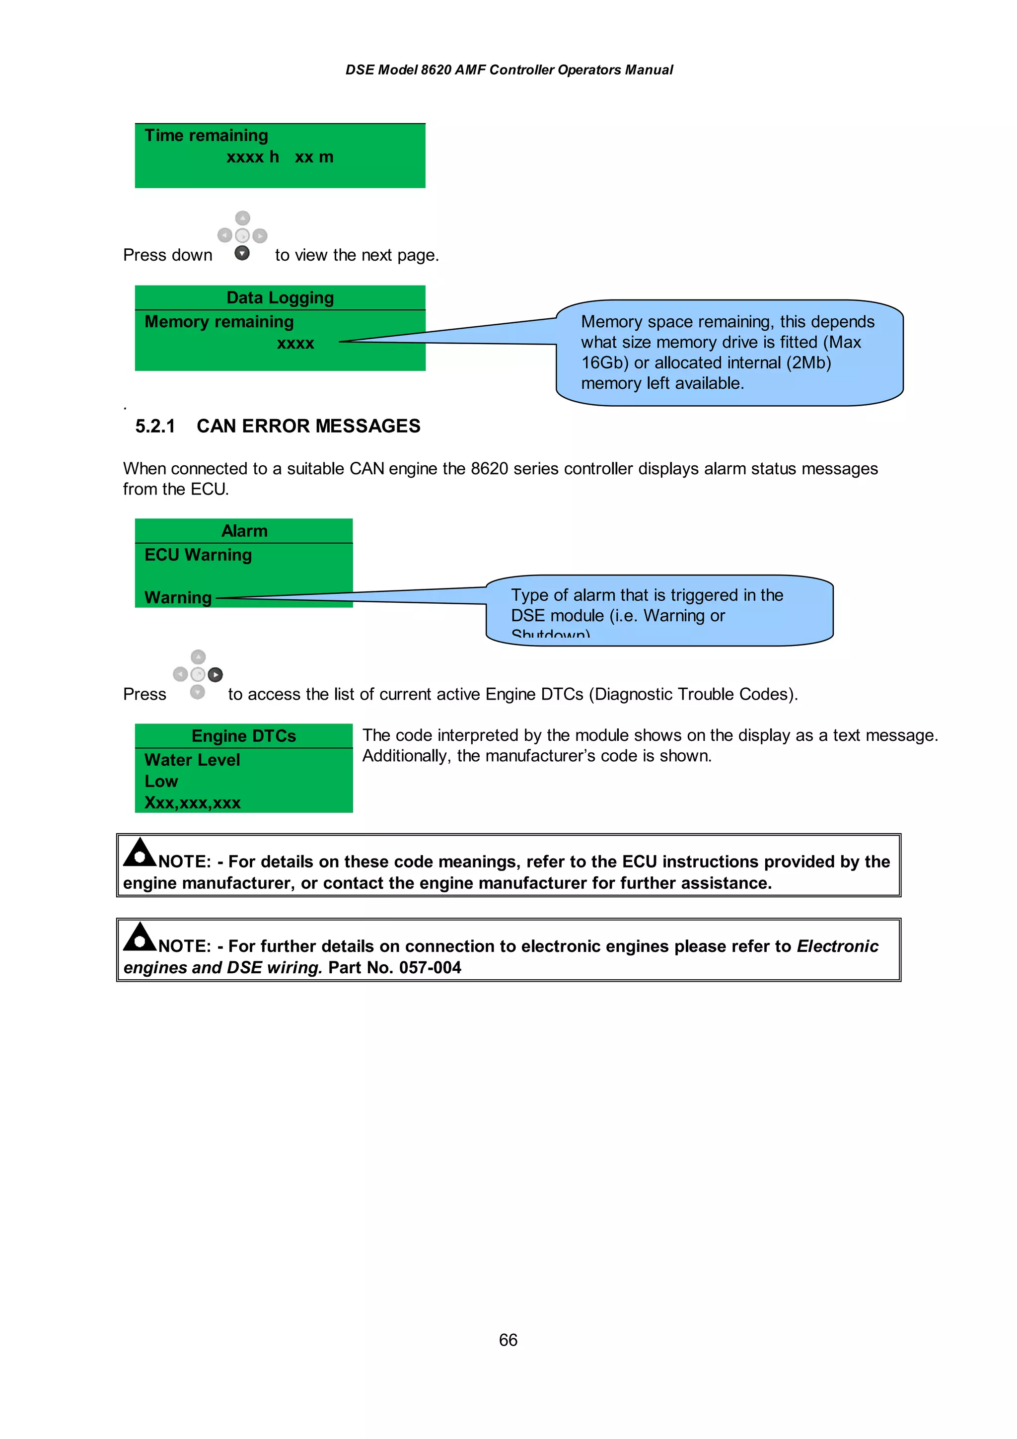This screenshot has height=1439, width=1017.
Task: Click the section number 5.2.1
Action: (155, 426)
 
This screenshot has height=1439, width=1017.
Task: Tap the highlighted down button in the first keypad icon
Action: (242, 253)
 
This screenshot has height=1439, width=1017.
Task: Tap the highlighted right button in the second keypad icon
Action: (215, 674)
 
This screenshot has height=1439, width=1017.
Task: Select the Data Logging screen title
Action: (280, 298)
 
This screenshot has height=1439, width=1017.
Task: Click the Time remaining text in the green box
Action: (206, 136)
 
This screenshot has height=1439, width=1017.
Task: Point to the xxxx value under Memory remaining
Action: (295, 344)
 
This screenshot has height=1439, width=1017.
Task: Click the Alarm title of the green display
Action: (244, 531)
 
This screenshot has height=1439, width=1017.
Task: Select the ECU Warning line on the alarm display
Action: (198, 555)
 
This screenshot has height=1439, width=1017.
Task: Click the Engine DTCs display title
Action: (244, 736)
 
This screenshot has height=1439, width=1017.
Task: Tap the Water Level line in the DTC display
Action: (192, 760)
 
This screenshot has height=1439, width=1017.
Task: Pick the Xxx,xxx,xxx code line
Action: (192, 803)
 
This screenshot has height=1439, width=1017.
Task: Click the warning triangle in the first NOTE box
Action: (139, 853)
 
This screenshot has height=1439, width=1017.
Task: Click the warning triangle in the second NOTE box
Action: (139, 937)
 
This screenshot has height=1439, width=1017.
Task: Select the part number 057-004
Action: (430, 968)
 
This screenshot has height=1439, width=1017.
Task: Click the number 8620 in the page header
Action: (436, 70)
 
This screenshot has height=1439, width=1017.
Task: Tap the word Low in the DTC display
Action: (161, 782)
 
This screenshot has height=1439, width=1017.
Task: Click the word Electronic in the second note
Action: (837, 946)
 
